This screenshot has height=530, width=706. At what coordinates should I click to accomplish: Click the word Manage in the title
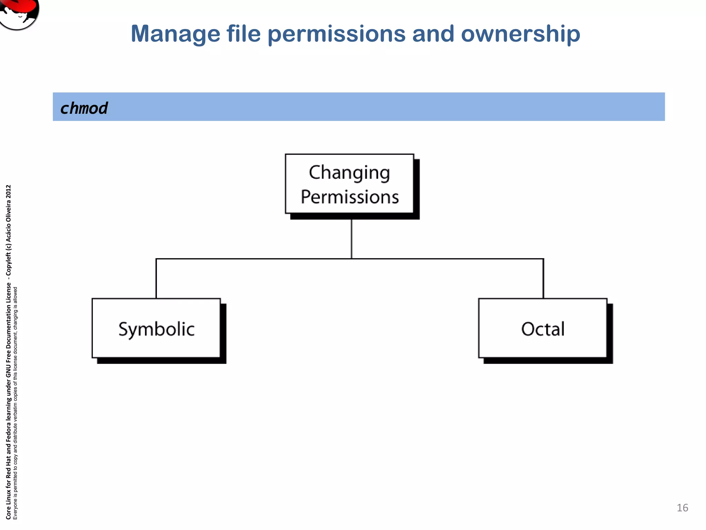click(175, 34)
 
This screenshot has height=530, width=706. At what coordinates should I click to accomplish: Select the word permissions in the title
click(336, 34)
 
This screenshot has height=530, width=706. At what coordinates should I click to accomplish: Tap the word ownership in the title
click(520, 34)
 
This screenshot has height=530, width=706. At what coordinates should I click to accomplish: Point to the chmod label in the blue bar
click(84, 108)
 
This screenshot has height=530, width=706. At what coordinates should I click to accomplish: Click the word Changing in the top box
click(349, 173)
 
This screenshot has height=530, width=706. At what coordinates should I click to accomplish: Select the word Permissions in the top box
click(350, 197)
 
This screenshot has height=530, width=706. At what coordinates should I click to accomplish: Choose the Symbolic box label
click(156, 329)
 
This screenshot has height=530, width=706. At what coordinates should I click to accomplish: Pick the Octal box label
click(543, 329)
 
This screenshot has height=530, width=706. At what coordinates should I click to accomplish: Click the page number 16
click(682, 508)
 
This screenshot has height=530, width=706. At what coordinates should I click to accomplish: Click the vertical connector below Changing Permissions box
click(351, 239)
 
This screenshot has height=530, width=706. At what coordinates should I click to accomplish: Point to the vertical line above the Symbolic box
click(156, 278)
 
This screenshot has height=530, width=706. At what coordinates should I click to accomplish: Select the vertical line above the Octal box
click(543, 278)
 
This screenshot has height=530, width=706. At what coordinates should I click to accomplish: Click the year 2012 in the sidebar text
click(9, 192)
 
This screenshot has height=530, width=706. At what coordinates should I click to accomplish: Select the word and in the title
click(433, 34)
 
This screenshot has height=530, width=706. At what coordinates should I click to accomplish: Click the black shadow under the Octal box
click(548, 361)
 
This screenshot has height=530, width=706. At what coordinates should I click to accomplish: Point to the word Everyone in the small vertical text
click(15, 510)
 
